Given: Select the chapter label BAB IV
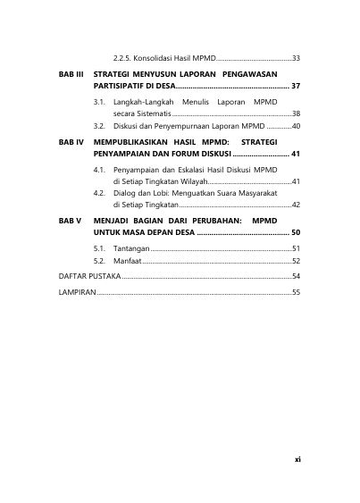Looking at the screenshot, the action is tap(71, 141).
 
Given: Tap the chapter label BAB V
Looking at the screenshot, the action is tap(70, 219).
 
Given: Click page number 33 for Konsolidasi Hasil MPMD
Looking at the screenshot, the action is tap(296, 58).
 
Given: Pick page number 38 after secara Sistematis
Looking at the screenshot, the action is tap(296, 114).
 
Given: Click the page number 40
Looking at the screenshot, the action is tap(296, 128).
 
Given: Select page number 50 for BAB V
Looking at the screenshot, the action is tap(295, 232).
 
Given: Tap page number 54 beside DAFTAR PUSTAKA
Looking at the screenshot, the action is tap(296, 277).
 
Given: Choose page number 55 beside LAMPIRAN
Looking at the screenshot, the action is tap(296, 292).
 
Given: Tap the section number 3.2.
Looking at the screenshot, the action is tap(100, 128).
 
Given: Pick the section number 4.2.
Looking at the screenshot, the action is tap(100, 192).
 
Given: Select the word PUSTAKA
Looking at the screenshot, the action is tap(100, 277).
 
